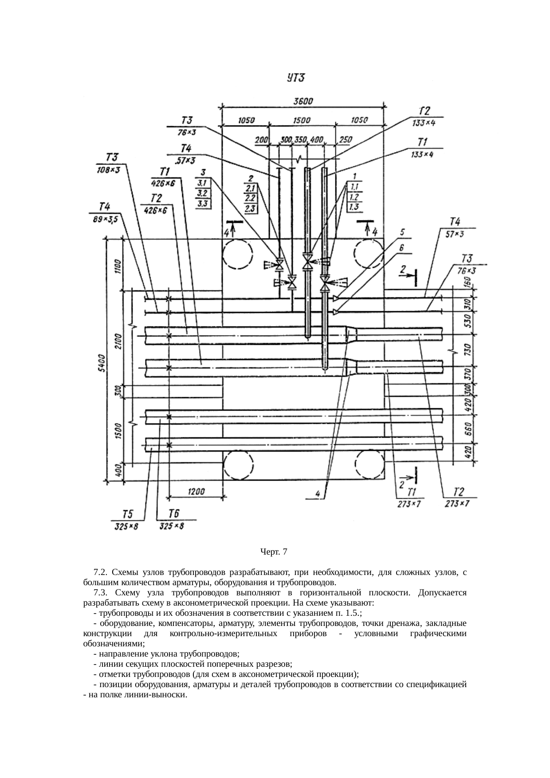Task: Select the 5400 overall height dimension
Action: pos(101,364)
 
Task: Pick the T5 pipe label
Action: pos(128,514)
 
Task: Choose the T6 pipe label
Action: pos(174,514)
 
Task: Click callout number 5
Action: pos(403,232)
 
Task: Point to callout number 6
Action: pos(402,248)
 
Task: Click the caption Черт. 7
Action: pos(274,552)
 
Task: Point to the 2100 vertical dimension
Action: pos(118,341)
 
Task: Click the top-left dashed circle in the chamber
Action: pos(238,255)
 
